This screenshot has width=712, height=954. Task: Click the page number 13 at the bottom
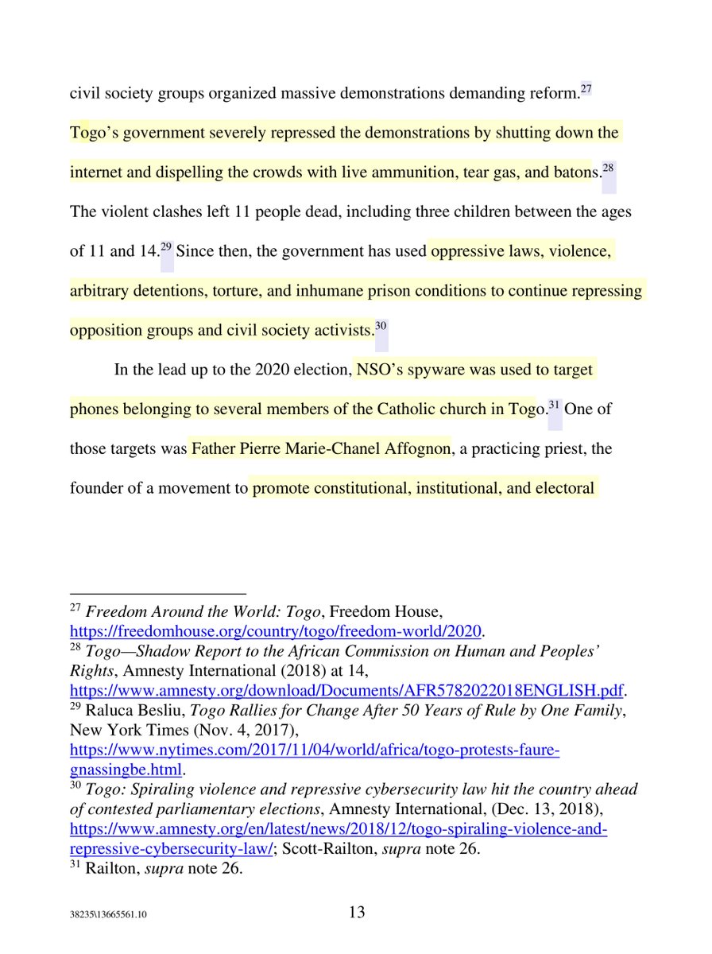(x=357, y=913)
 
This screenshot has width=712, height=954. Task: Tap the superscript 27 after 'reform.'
(x=586, y=88)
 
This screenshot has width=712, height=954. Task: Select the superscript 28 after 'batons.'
(x=609, y=168)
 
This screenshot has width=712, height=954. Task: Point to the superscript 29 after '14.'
(x=166, y=246)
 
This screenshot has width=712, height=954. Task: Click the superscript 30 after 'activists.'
(x=381, y=324)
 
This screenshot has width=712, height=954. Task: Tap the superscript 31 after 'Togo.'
(x=555, y=404)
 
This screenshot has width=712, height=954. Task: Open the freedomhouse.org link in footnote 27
(x=277, y=632)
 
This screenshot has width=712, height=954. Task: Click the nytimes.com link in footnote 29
(x=315, y=749)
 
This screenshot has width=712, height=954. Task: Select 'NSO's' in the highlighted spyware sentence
(x=381, y=370)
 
